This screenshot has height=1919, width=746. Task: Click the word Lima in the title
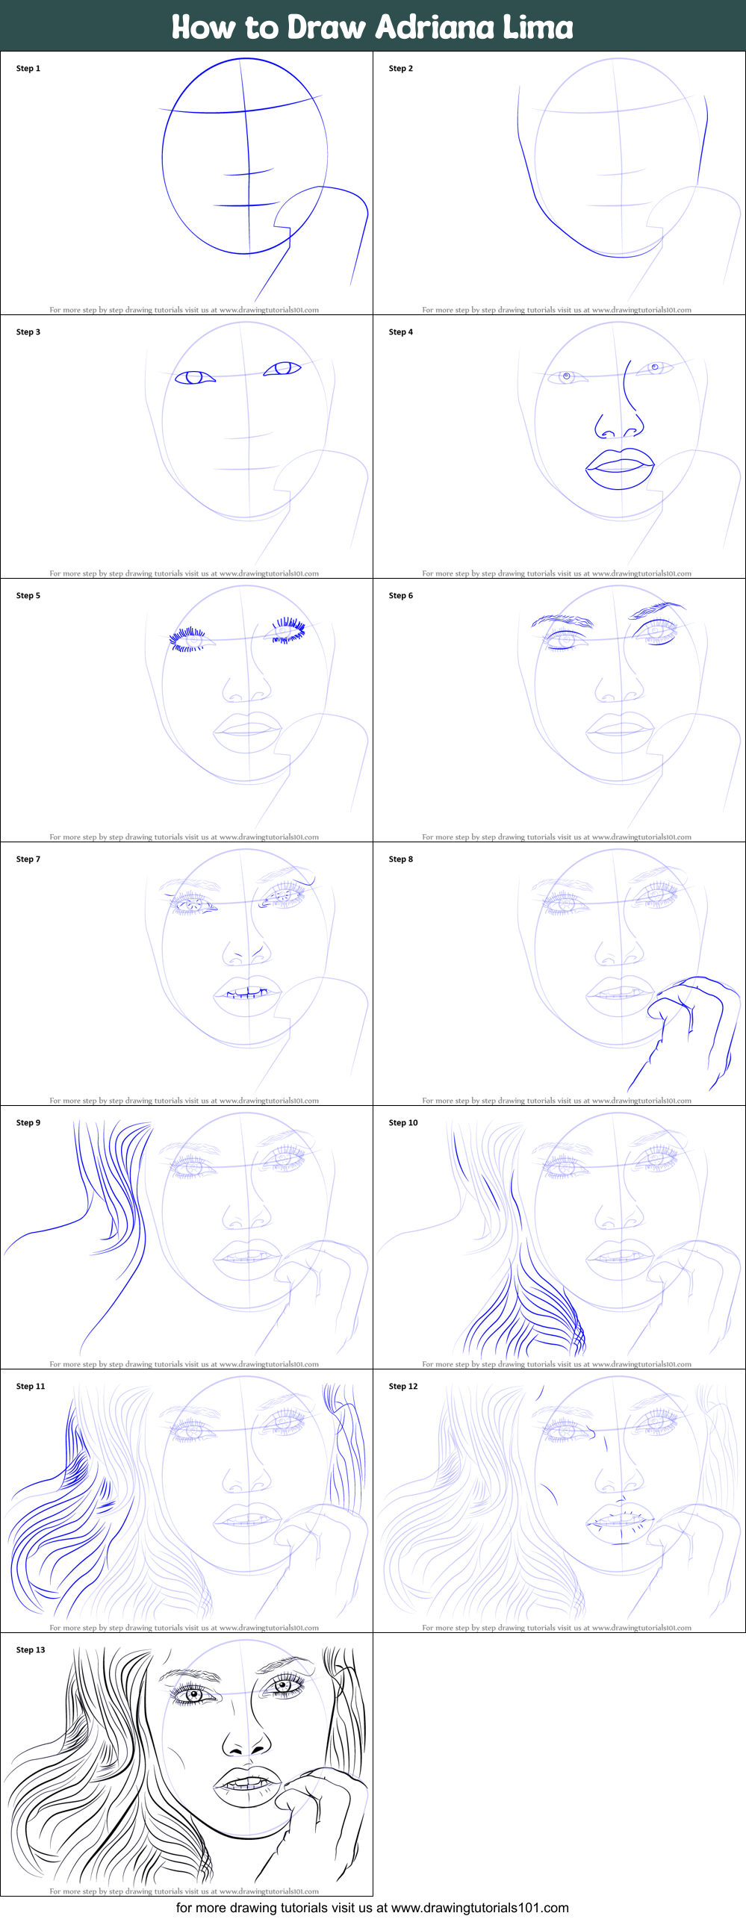coord(537,28)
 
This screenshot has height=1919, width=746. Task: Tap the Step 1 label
coord(28,68)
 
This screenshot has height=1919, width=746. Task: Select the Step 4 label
coord(400,332)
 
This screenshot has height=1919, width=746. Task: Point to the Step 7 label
coord(28,859)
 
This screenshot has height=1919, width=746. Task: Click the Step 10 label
coord(403,1122)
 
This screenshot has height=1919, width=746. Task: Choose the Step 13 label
coord(31,1649)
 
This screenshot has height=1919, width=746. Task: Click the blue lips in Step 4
coord(620,468)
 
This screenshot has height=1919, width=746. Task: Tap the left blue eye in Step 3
coord(194,378)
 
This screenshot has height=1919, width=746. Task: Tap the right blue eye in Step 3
coord(282,368)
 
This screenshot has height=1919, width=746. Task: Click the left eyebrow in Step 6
coord(562,621)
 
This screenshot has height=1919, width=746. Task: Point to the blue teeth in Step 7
coord(247,993)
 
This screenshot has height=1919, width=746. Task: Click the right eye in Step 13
coord(283,1685)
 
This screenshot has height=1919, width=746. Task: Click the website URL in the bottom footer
coord(479,1907)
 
